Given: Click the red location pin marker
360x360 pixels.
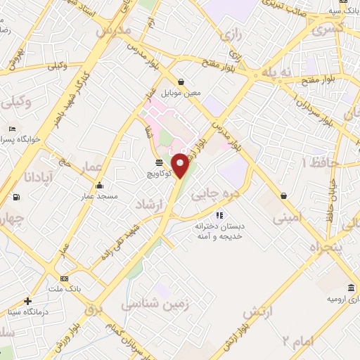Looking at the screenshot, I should click(x=180, y=166).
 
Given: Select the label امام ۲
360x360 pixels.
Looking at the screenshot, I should click(x=297, y=342).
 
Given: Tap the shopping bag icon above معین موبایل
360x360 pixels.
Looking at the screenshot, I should click(x=181, y=82).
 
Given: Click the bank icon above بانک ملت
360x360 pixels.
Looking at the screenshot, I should click(x=65, y=278).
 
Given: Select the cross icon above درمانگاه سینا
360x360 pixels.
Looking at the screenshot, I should click(x=27, y=302).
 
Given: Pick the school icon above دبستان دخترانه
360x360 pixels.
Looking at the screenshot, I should click(x=219, y=215).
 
